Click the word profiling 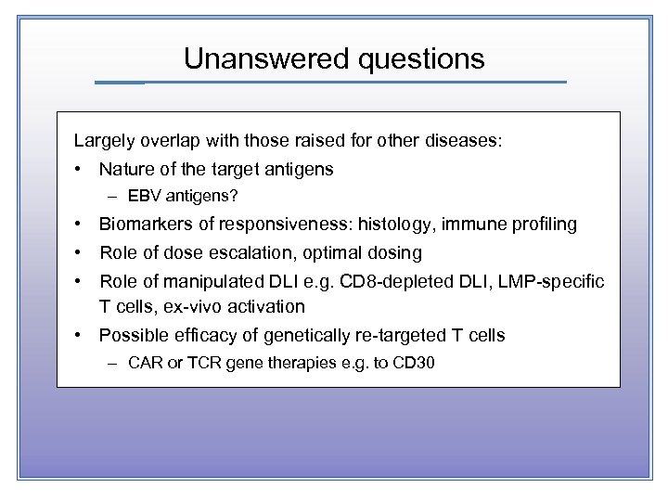point(543,225)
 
